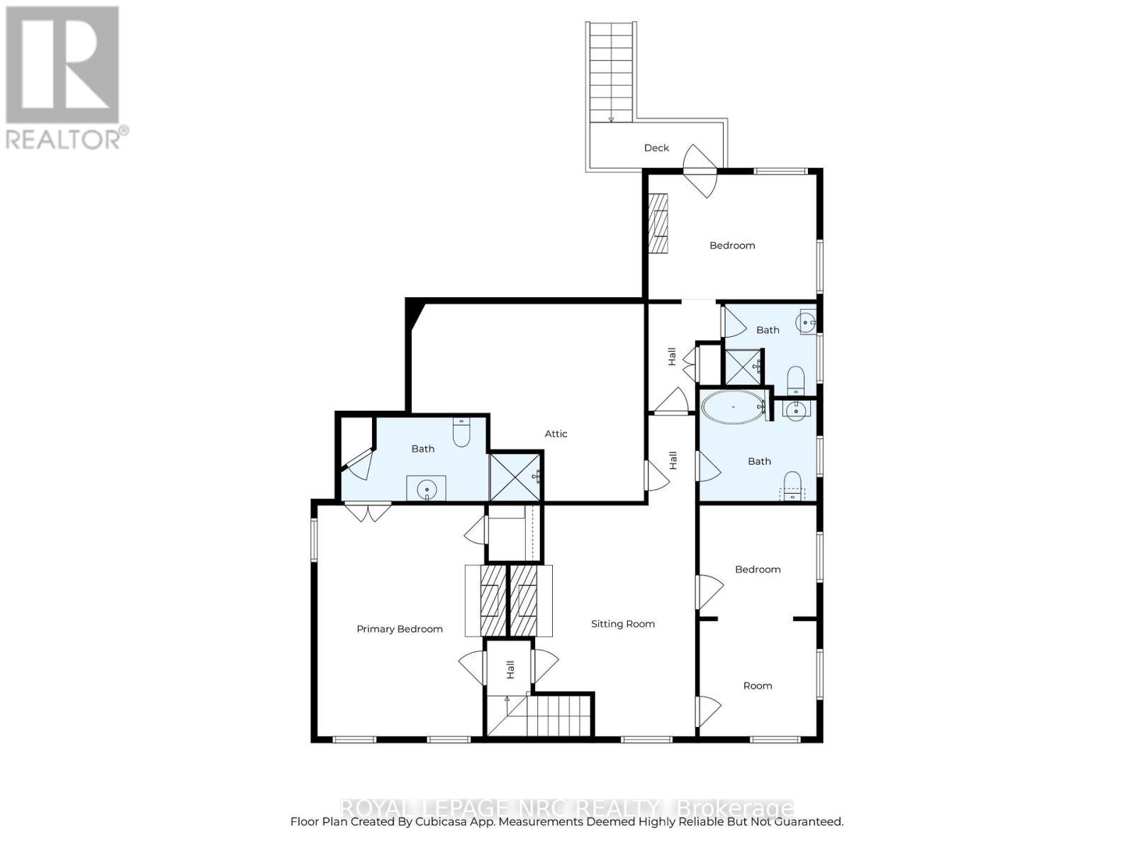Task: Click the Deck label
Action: pyautogui.click(x=656, y=148)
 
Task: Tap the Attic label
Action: pyautogui.click(x=556, y=433)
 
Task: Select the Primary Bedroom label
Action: pyautogui.click(x=399, y=629)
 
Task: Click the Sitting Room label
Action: pyautogui.click(x=623, y=624)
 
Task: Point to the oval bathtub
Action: pyautogui.click(x=732, y=408)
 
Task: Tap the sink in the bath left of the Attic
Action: pyautogui.click(x=426, y=488)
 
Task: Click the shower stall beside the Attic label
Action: pyautogui.click(x=515, y=476)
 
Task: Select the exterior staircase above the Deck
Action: pyautogui.click(x=610, y=71)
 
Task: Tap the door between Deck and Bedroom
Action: pyautogui.click(x=700, y=171)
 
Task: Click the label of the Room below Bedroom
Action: pyautogui.click(x=758, y=686)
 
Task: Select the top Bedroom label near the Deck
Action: pyautogui.click(x=732, y=245)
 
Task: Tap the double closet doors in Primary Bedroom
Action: pyautogui.click(x=368, y=511)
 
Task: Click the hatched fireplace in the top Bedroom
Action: pyautogui.click(x=659, y=223)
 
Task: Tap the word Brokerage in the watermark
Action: pyautogui.click(x=735, y=808)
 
